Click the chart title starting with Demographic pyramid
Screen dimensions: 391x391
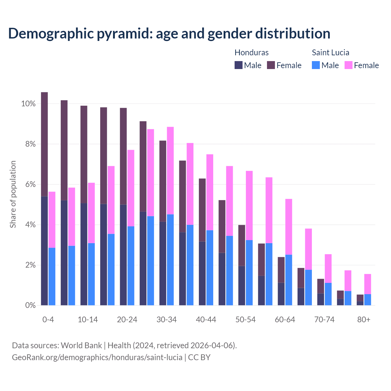point(169,34)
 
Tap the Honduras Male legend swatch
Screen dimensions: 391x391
point(239,65)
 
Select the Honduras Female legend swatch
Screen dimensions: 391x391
point(271,65)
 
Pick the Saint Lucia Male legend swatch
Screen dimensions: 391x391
point(316,65)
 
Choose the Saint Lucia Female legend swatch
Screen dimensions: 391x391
point(349,65)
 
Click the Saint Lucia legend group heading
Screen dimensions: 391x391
point(330,53)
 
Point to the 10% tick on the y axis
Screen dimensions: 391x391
point(28,104)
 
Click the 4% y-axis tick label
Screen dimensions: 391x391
point(30,225)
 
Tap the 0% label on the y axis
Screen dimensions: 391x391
point(30,305)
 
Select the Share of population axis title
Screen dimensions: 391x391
point(13,194)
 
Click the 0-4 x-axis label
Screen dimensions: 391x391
point(48,320)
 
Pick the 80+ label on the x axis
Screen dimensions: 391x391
point(364,320)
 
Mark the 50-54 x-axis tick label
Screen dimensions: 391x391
point(245,320)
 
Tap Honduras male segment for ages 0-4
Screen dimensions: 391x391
point(44,250)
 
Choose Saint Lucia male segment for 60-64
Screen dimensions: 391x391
point(289,280)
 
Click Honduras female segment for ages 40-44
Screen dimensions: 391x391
point(202,210)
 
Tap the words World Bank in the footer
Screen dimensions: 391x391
point(81,345)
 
